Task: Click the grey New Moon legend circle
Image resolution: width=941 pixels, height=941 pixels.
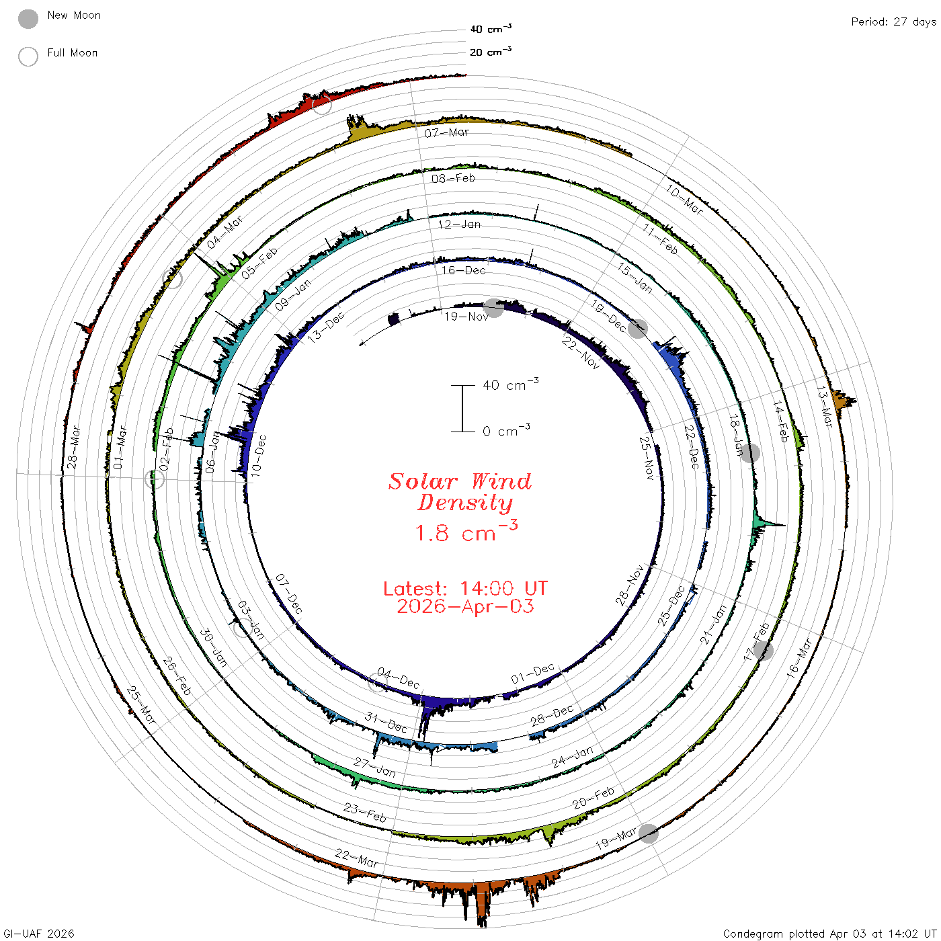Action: pyautogui.click(x=28, y=19)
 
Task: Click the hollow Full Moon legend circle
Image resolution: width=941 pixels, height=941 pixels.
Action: pyautogui.click(x=28, y=56)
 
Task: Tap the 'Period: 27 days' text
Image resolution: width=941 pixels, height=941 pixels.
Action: pyautogui.click(x=894, y=22)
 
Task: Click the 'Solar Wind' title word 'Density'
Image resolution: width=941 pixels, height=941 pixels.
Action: pyautogui.click(x=465, y=503)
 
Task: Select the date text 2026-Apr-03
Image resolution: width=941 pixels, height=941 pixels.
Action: pyautogui.click(x=465, y=606)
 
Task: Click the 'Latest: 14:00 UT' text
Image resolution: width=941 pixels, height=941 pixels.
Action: pyautogui.click(x=465, y=588)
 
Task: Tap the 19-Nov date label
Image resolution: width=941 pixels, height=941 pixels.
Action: pyautogui.click(x=466, y=317)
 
